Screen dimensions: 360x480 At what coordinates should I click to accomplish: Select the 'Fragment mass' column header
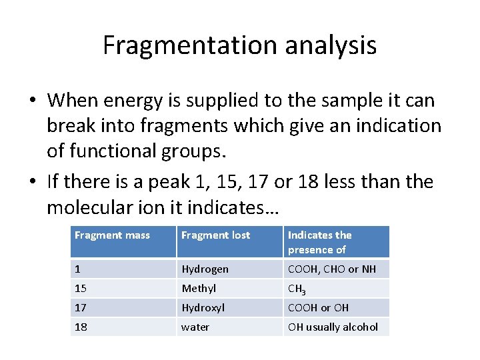pyautogui.click(x=112, y=235)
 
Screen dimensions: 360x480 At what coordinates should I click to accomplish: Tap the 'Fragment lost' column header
pyautogui.click(x=216, y=235)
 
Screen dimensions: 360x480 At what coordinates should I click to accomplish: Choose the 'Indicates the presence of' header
pyautogui.click(x=320, y=242)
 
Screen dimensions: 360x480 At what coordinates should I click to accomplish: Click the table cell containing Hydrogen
pyautogui.click(x=205, y=269)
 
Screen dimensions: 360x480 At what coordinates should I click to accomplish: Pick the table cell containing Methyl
pyautogui.click(x=199, y=289)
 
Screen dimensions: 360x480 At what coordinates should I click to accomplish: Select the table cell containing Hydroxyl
pyautogui.click(x=203, y=308)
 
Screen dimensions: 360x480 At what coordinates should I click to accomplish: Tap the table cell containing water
pyautogui.click(x=195, y=327)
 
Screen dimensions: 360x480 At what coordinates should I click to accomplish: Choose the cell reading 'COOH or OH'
pyautogui.click(x=318, y=308)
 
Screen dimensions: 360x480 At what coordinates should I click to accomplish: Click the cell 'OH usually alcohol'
pyautogui.click(x=333, y=327)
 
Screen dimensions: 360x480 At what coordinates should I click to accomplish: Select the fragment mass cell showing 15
pyautogui.click(x=81, y=289)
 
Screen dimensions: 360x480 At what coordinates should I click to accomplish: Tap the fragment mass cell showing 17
pyautogui.click(x=81, y=308)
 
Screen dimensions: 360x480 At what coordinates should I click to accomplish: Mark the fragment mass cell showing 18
pyautogui.click(x=81, y=327)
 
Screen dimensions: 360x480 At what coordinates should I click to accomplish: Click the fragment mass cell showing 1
pyautogui.click(x=78, y=269)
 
